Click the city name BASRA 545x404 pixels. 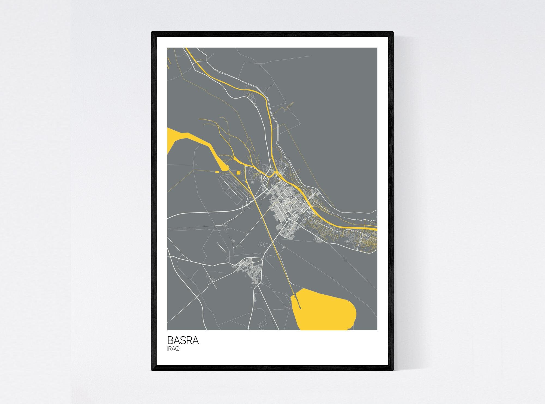click(x=183, y=340)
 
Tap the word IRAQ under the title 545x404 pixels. click(x=173, y=349)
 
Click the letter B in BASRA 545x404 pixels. click(x=170, y=340)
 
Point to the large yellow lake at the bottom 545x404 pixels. click(x=324, y=310)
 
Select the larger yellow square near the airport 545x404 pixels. click(x=238, y=172)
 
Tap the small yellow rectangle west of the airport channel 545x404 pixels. click(x=217, y=172)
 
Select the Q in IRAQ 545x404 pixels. click(x=177, y=349)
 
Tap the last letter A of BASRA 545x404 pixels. click(x=195, y=340)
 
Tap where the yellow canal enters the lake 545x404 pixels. click(x=294, y=295)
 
